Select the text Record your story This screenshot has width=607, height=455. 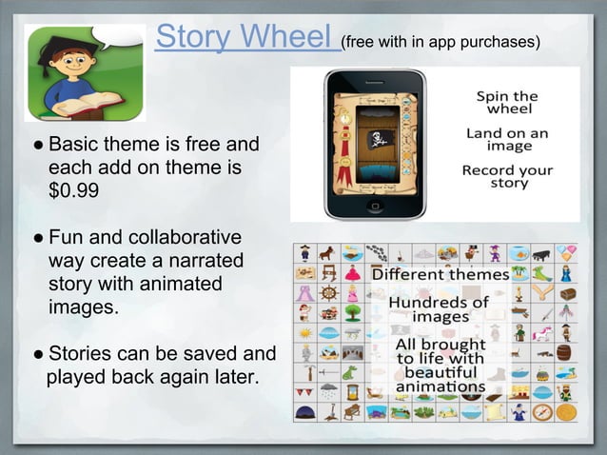pos(508,177)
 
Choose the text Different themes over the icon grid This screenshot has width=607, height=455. pos(440,274)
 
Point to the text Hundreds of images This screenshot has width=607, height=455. pos(440,308)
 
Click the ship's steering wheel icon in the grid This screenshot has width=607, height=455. pos(328,292)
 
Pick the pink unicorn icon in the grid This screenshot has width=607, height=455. pos(543,332)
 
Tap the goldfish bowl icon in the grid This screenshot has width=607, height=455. pos(518,253)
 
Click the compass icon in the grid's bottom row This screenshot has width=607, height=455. pos(543,412)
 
